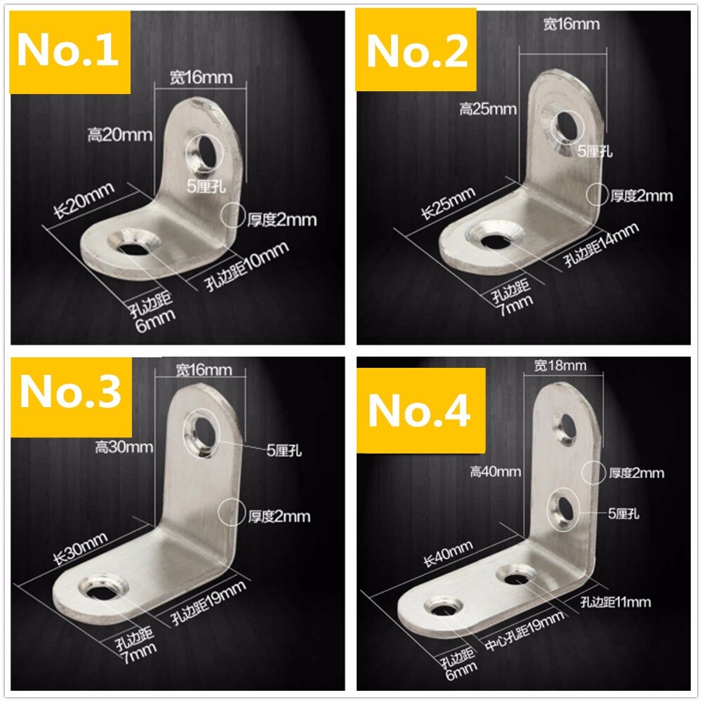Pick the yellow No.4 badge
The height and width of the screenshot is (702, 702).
(419, 411)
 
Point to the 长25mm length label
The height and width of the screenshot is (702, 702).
(449, 204)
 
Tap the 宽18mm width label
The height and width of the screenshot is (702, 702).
(559, 366)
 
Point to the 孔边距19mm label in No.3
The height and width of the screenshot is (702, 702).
(210, 604)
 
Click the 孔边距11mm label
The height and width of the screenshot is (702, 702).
(616, 602)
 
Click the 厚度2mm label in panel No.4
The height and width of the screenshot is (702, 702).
(636, 473)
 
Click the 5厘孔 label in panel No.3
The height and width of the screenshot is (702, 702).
(285, 450)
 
